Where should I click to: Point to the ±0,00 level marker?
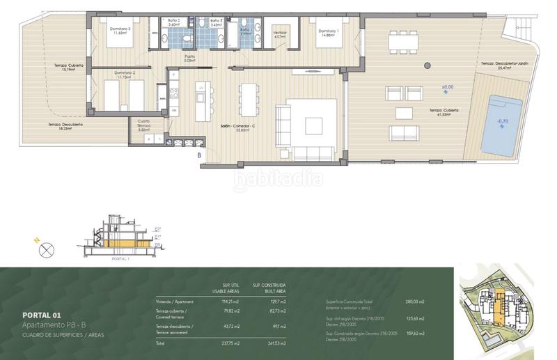[x=447, y=88]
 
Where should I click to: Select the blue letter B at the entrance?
[x=200, y=155]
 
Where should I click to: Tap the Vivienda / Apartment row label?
[x=175, y=302]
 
